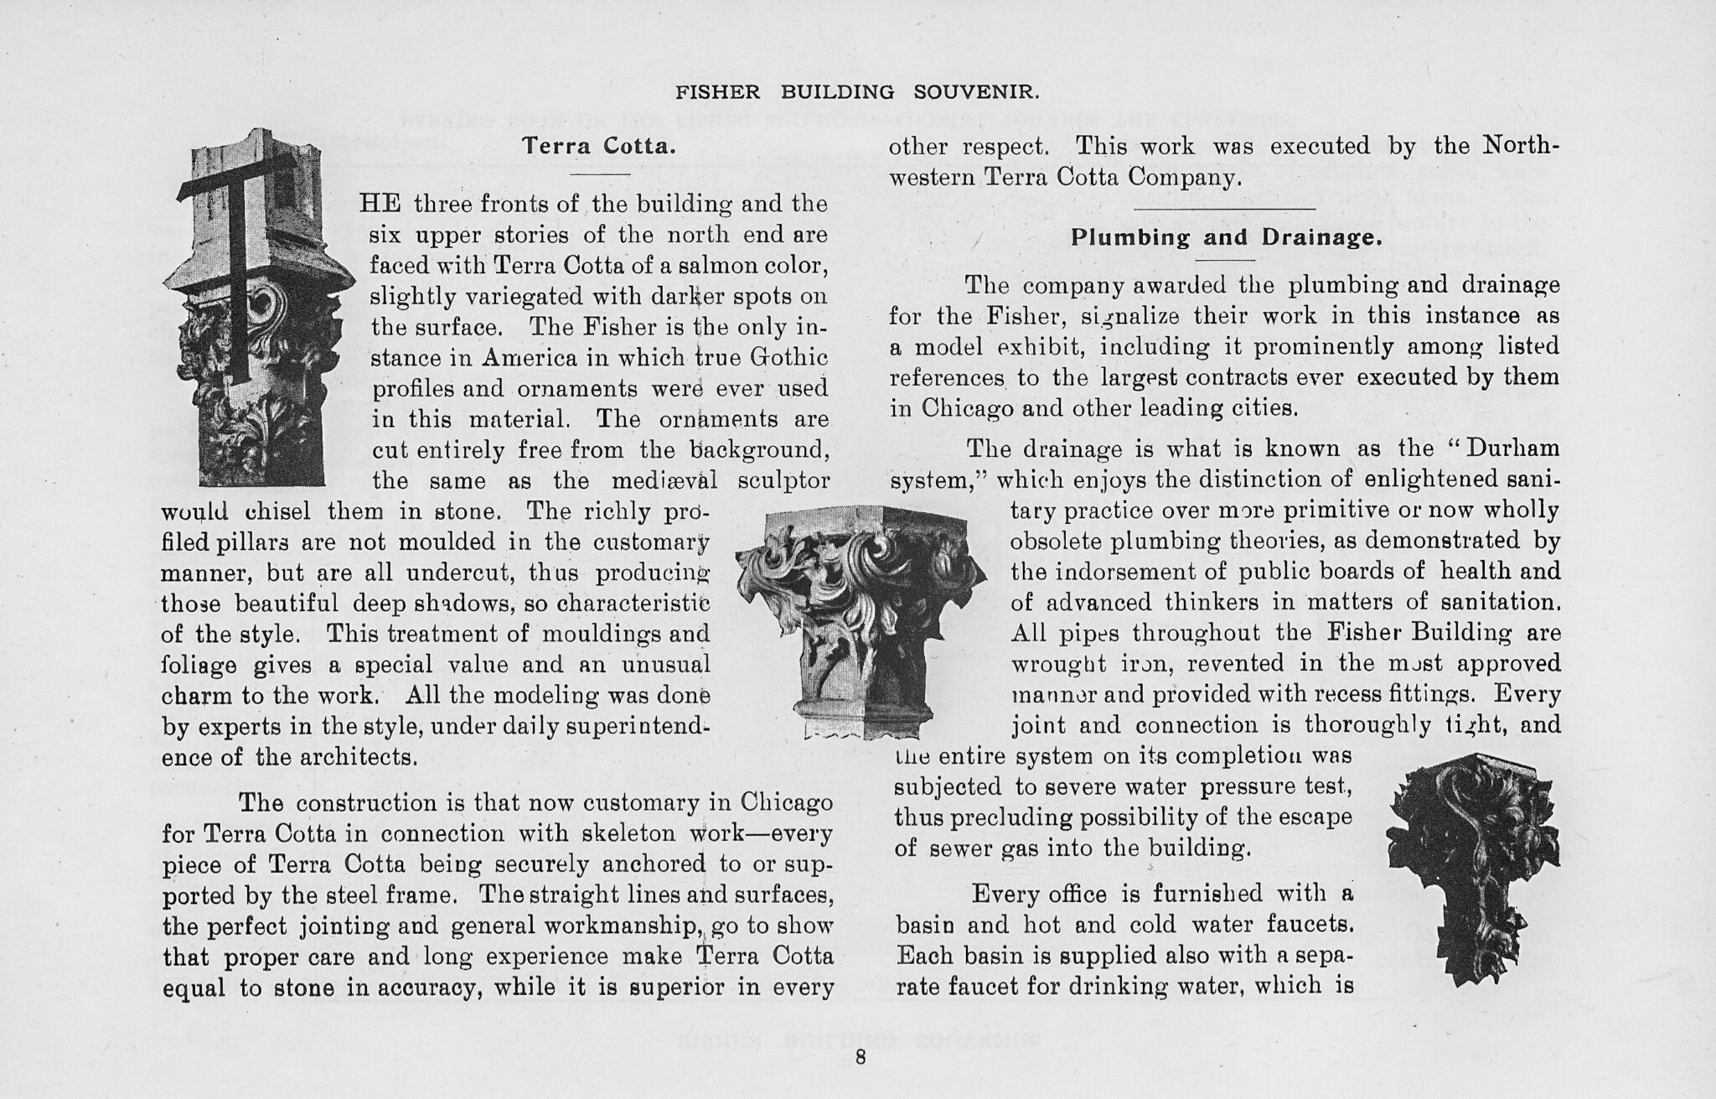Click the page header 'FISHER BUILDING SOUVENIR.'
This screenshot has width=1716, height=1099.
pos(858,91)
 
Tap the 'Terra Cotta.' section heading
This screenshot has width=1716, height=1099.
pos(598,146)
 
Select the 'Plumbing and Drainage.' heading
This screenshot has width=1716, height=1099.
pos(1226,237)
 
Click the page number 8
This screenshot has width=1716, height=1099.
pos(860,1058)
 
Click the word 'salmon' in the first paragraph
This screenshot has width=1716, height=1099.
pos(741,267)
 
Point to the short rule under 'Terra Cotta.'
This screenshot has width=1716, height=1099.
pos(598,174)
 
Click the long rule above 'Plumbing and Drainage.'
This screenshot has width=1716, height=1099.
pos(1225,207)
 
